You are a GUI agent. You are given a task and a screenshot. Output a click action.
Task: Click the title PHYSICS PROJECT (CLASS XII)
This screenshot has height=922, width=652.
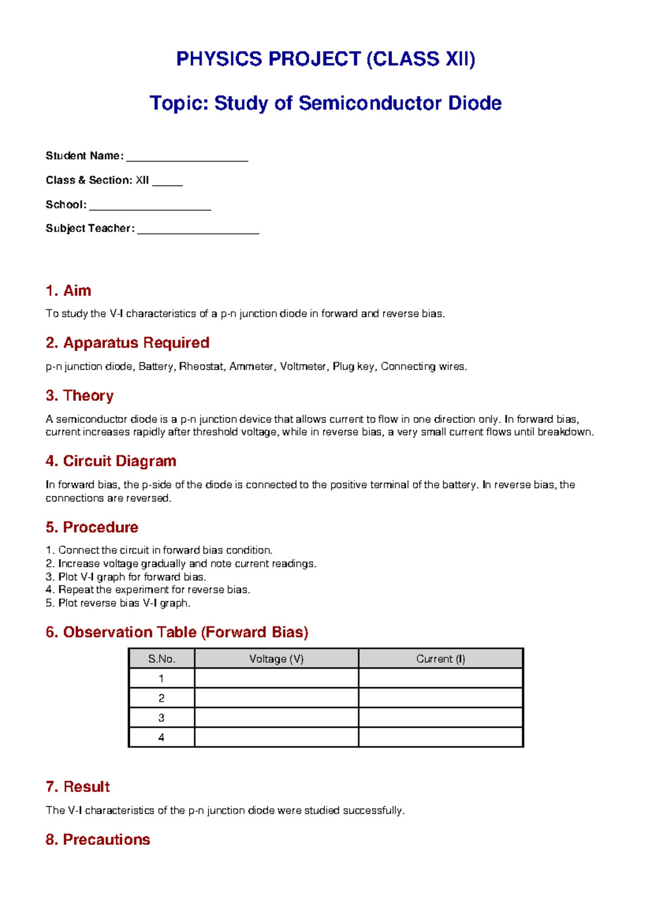[x=325, y=59]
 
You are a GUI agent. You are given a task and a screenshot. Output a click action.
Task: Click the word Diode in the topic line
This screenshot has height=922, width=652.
[x=474, y=103]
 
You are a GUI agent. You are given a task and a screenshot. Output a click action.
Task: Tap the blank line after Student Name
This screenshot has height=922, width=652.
[x=187, y=157]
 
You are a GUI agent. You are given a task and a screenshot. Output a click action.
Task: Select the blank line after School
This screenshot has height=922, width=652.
[x=150, y=206]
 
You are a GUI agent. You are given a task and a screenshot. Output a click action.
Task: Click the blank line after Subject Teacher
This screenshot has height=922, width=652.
[x=198, y=230]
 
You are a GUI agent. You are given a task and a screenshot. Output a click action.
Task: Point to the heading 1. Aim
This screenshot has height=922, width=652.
[x=68, y=291]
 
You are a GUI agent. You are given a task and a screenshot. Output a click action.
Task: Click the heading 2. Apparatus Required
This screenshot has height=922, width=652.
[x=128, y=343]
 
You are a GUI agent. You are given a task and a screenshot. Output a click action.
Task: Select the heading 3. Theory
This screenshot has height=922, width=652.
[x=80, y=396]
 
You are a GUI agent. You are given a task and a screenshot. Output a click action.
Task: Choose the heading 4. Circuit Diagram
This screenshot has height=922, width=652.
[x=111, y=462]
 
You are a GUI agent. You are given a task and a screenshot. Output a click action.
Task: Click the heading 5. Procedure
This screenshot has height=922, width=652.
[x=92, y=527]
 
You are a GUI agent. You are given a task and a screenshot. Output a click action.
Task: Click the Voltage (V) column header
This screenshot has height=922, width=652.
[x=276, y=659]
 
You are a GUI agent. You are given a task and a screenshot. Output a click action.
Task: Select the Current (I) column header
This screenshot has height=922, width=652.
[x=441, y=659]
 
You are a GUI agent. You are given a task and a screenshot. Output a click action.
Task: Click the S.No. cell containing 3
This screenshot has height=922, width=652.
[x=161, y=718]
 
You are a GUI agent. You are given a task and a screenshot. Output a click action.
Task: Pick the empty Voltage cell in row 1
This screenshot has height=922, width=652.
[x=276, y=678]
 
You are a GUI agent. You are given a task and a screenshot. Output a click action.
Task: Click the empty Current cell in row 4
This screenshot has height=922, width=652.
[x=441, y=737]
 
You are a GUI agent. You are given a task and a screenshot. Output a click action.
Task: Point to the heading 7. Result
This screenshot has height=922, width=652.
[x=78, y=787]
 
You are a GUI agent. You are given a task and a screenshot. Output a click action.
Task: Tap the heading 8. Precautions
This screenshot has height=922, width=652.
[x=98, y=839]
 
